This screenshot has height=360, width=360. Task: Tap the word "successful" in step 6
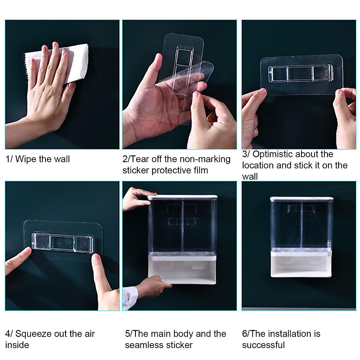tap(263, 345)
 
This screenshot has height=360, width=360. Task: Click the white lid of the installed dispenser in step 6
tap(301, 199)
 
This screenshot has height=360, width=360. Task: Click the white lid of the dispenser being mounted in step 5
tap(182, 197)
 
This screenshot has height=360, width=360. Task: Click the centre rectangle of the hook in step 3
tap(299, 73)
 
